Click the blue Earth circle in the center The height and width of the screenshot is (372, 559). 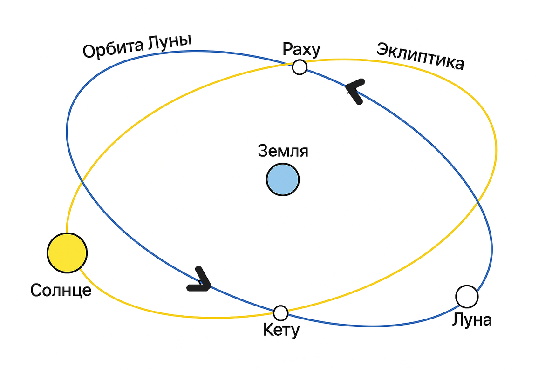[x=282, y=179]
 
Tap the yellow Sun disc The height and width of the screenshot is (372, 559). [x=67, y=253]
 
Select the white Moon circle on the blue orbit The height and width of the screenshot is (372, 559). [x=467, y=297]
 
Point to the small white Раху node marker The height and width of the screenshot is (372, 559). [x=300, y=67]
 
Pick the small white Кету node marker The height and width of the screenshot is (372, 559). [x=280, y=313]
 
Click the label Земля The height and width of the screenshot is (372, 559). [x=283, y=152]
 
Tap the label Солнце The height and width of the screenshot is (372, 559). [x=61, y=291]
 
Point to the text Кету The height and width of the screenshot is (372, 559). [x=281, y=331]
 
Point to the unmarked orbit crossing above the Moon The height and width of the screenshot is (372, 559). [x=479, y=203]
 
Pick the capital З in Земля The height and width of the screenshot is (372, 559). [x=262, y=152]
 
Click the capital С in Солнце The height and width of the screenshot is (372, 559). [x=37, y=291]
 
